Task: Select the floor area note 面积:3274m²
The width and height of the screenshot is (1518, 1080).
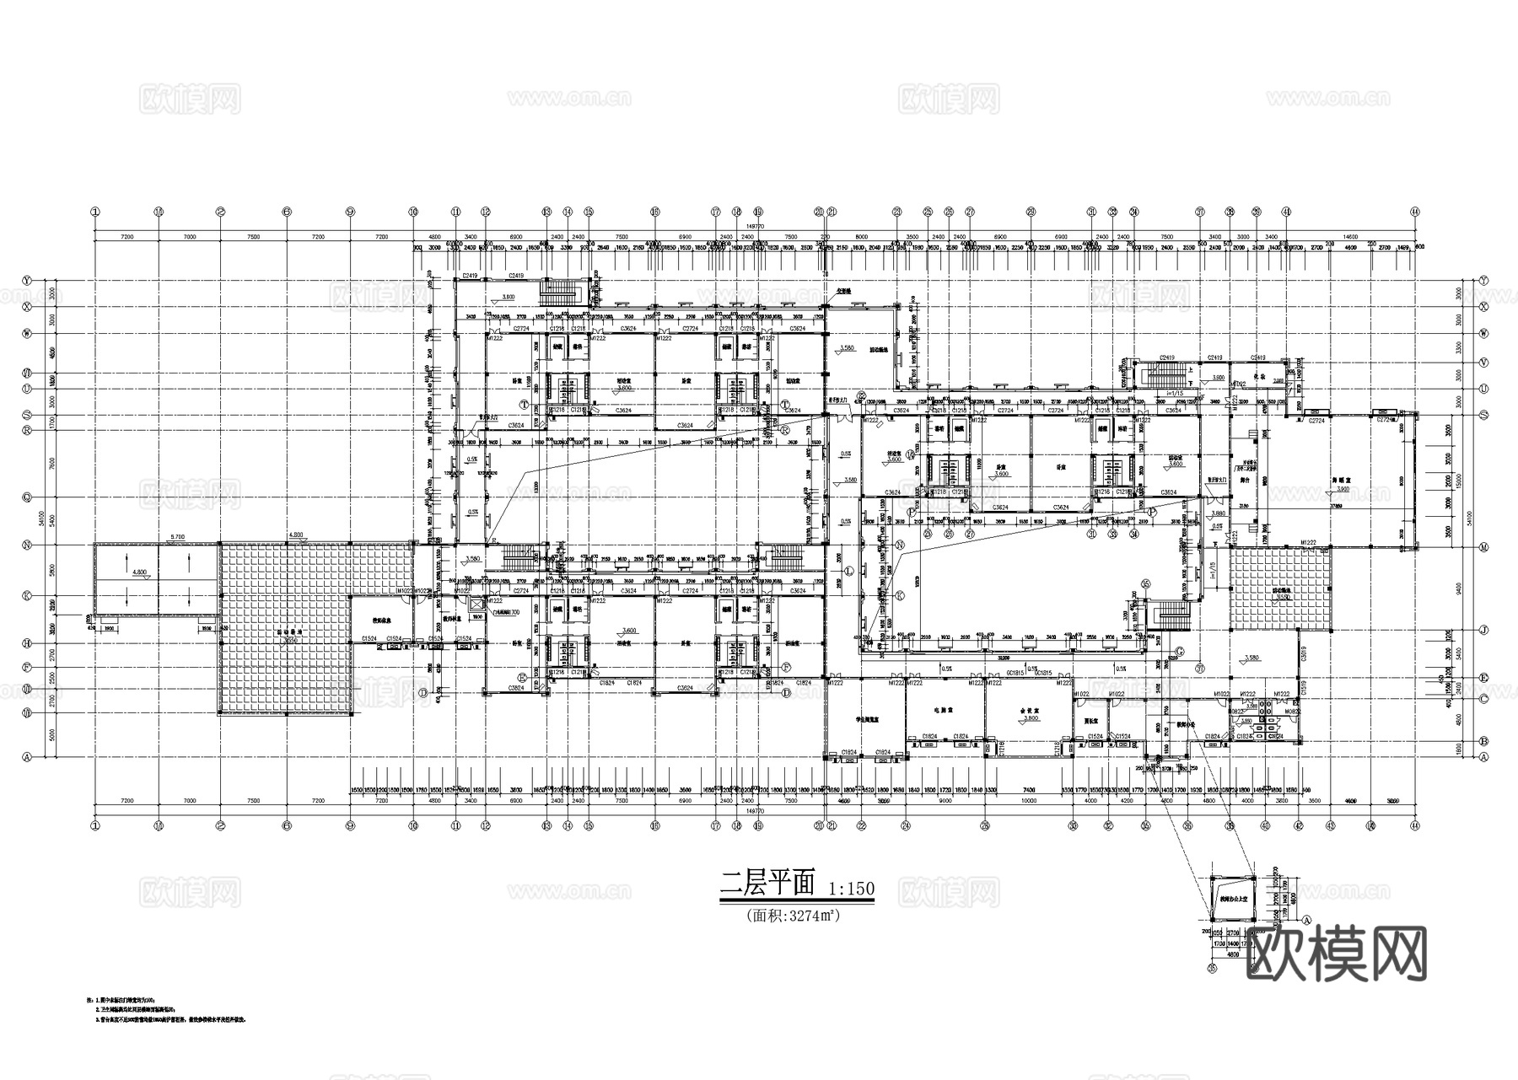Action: [792, 914]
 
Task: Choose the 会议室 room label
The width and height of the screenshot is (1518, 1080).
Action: [1026, 710]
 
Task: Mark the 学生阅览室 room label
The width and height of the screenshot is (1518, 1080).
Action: [868, 720]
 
